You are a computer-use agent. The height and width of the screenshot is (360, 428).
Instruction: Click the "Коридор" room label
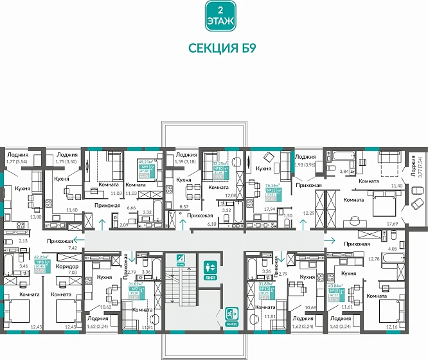tap(66, 266)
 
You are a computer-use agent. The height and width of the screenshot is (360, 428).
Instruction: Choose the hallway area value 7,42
tap(72, 248)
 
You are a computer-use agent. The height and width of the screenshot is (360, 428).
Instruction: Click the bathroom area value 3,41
tap(23, 265)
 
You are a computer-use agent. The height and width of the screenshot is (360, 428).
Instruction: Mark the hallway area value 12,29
tap(309, 213)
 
